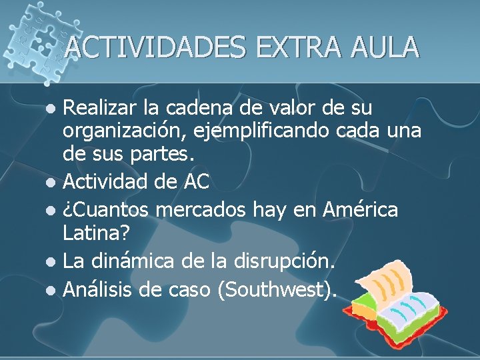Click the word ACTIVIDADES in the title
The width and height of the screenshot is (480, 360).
(x=155, y=47)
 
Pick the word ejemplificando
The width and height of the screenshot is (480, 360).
(x=259, y=131)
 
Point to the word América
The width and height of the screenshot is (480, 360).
(x=360, y=210)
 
